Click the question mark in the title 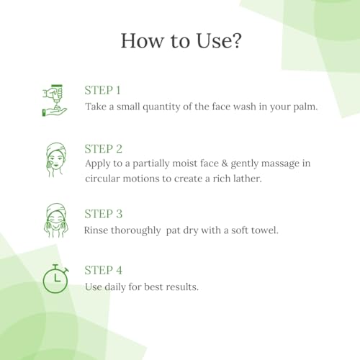click(x=236, y=40)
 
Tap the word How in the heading click(x=142, y=40)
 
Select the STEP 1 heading click(x=102, y=91)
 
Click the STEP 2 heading click(x=104, y=149)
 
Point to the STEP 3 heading click(x=104, y=214)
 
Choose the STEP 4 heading click(x=104, y=270)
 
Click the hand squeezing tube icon click(x=55, y=100)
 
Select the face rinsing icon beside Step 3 click(x=56, y=221)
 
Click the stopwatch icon click(x=55, y=279)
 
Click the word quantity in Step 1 click(x=161, y=107)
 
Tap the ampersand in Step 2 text click(x=225, y=163)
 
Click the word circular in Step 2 click(x=102, y=179)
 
